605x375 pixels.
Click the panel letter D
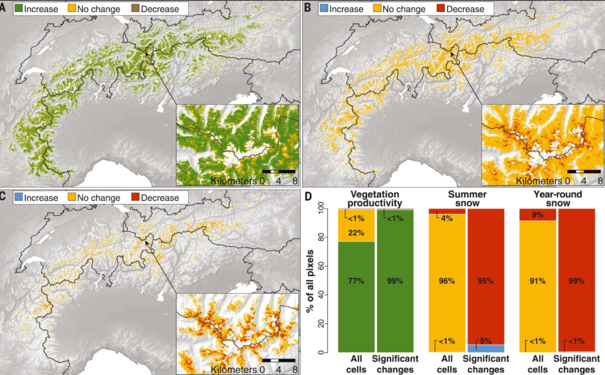[x=308, y=197]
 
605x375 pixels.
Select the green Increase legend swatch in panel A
[x=18, y=9]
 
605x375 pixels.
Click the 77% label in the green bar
[x=357, y=281]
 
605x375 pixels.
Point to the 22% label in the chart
[x=357, y=233]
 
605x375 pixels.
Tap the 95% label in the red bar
[x=486, y=281]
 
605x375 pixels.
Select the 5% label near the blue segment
[x=486, y=341]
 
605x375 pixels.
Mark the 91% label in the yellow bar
[x=538, y=281]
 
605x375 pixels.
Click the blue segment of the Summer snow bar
[x=486, y=348]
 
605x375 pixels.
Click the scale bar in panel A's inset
[x=278, y=170]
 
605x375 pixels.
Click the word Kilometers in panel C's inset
[x=234, y=369]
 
